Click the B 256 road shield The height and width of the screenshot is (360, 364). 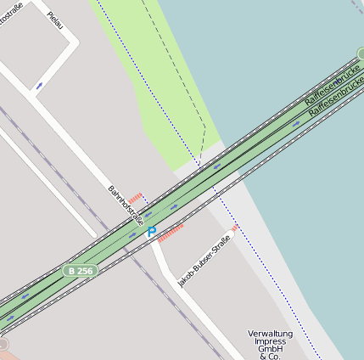[x=81, y=270]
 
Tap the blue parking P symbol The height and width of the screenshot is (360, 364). [x=152, y=232]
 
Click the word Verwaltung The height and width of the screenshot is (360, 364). [x=270, y=334]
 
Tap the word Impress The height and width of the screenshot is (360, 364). [x=270, y=342]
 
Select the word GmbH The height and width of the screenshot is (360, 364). [x=270, y=350]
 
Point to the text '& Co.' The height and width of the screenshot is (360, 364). [x=270, y=357]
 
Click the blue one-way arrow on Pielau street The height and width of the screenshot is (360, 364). [x=40, y=86]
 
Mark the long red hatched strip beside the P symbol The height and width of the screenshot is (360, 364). [x=171, y=232]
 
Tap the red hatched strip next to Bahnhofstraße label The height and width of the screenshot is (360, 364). [x=135, y=198]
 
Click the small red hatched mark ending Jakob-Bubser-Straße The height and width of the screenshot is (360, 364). [x=235, y=228]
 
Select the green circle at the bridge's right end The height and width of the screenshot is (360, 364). [x=361, y=54]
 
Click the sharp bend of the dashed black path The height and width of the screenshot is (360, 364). [x=205, y=127]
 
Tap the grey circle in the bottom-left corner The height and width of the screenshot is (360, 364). [x=3, y=344]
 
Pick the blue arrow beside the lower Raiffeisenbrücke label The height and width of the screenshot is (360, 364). [x=296, y=124]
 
